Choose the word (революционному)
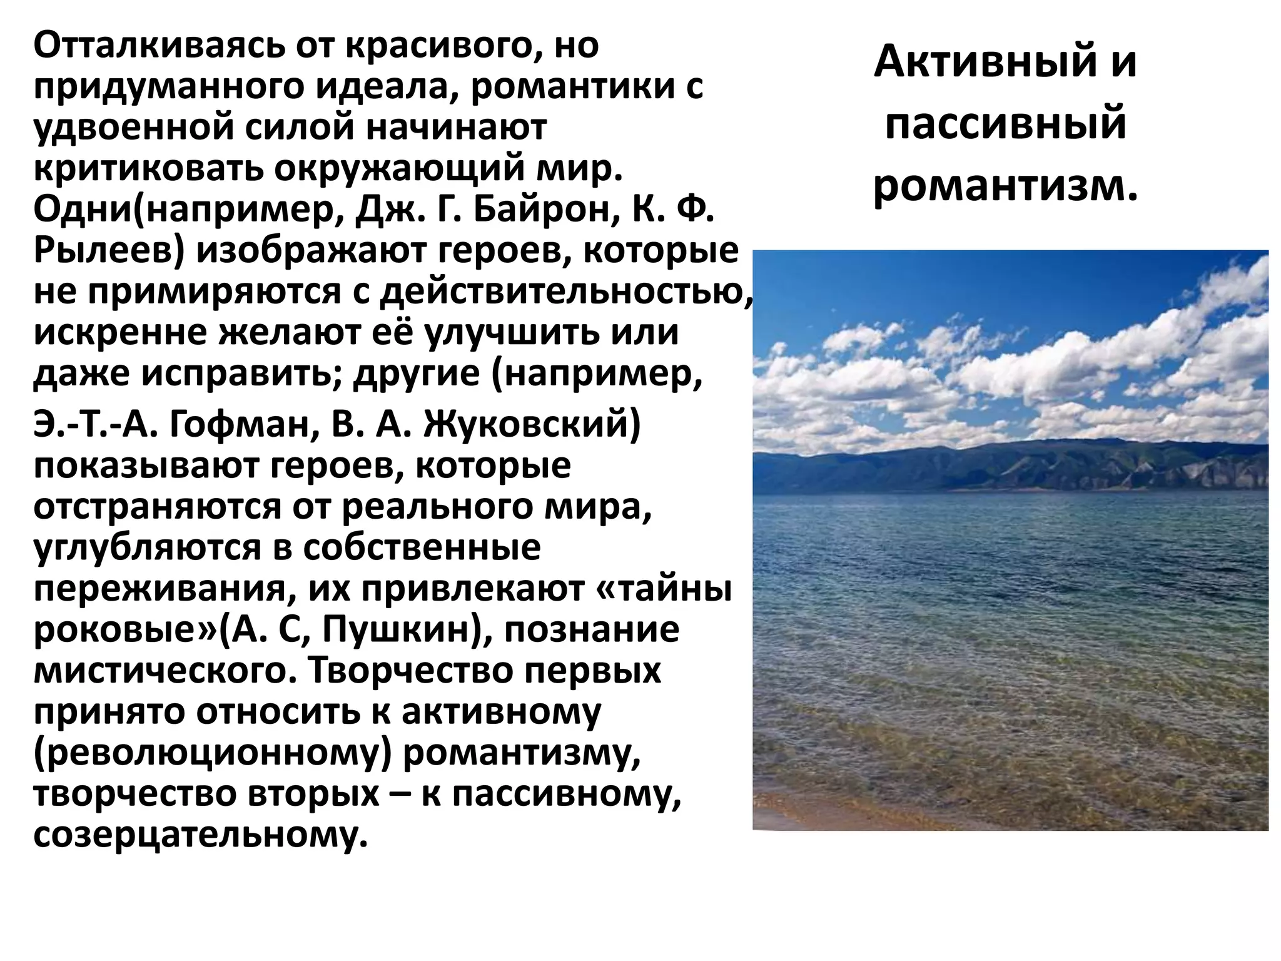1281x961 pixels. [212, 755]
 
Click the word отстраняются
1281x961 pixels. [157, 507]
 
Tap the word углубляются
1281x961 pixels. [148, 549]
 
